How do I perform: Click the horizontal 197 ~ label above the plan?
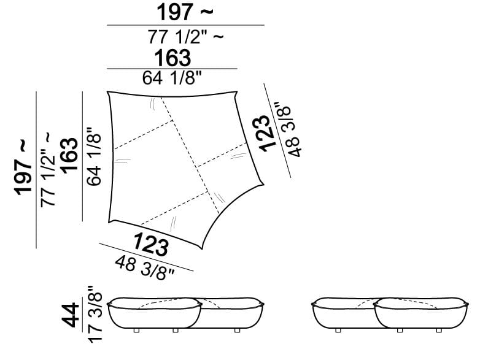[x=185, y=12]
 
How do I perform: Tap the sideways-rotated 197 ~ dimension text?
[x=23, y=167]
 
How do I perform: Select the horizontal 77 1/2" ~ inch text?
[x=186, y=37]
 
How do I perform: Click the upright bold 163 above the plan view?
[x=172, y=58]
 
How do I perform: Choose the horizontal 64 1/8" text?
[x=172, y=78]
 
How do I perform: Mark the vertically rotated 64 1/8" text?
[x=94, y=156]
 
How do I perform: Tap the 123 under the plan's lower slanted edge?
[x=150, y=244]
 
